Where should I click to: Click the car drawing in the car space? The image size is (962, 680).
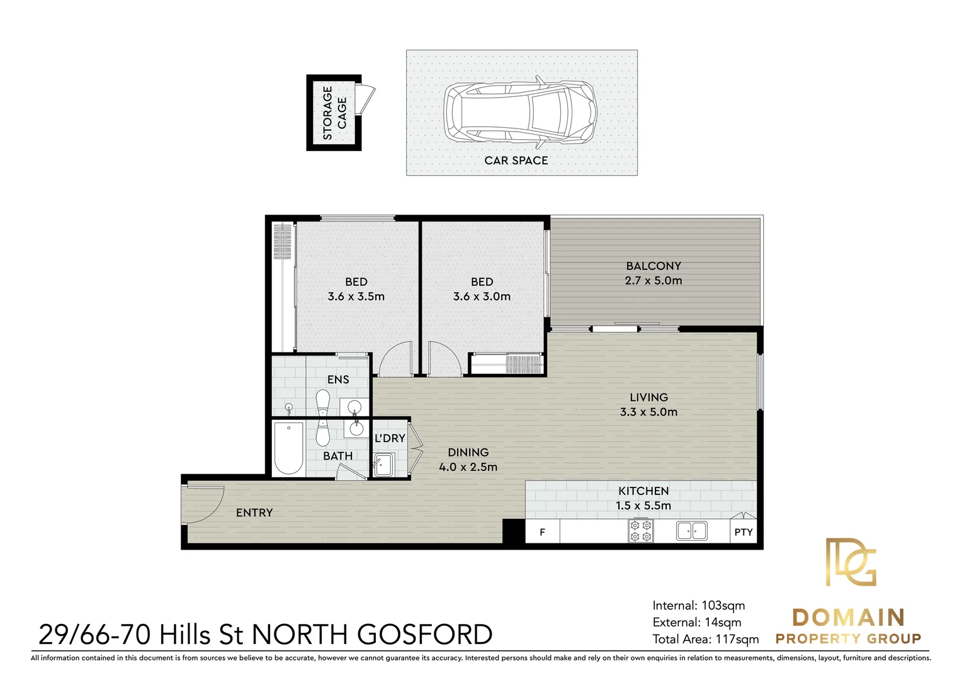click(519, 111)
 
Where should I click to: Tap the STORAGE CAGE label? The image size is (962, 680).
click(334, 113)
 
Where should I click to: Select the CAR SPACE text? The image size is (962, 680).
click(516, 161)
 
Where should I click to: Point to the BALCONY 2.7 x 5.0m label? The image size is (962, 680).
click(654, 273)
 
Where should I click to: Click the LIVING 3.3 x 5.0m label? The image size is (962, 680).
click(648, 405)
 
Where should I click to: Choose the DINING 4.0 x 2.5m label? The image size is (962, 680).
click(468, 460)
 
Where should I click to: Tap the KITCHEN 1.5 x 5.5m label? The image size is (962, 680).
click(643, 498)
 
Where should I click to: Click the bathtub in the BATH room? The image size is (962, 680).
click(288, 448)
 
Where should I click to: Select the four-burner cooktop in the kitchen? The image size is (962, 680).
click(640, 531)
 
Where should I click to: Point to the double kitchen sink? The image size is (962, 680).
click(691, 531)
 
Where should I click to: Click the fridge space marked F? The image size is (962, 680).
click(543, 531)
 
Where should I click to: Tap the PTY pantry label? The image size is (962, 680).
click(744, 532)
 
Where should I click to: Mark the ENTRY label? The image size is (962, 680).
click(254, 513)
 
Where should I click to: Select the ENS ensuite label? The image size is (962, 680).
click(338, 379)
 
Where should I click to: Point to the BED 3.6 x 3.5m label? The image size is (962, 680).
click(356, 289)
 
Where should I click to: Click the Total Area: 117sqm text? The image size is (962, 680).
click(706, 639)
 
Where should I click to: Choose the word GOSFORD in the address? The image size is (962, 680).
click(425, 635)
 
